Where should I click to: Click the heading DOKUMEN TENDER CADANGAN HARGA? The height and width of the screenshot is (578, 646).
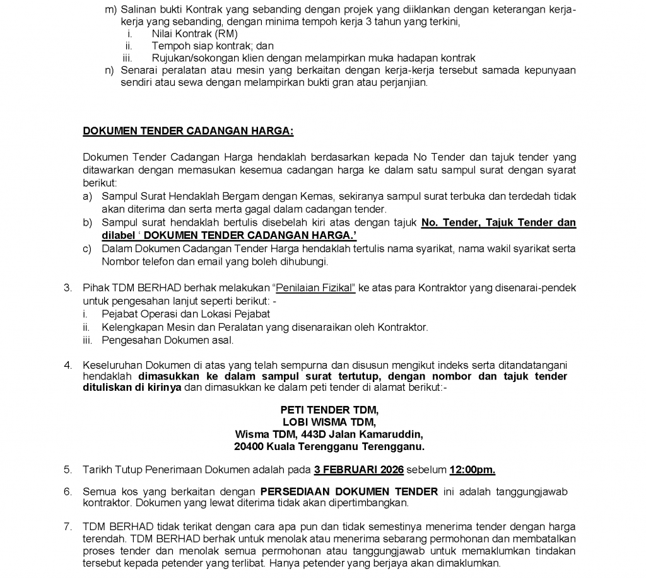click(188, 131)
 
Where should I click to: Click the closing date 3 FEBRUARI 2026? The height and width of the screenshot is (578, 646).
click(359, 470)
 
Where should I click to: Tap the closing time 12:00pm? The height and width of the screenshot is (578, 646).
click(472, 470)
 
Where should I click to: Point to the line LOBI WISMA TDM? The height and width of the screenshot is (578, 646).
click(329, 422)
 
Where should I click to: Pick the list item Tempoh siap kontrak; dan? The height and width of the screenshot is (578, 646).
click(213, 46)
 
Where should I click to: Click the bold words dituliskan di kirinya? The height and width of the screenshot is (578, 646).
click(132, 388)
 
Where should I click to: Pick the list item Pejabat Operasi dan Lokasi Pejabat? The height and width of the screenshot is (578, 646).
click(185, 314)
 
